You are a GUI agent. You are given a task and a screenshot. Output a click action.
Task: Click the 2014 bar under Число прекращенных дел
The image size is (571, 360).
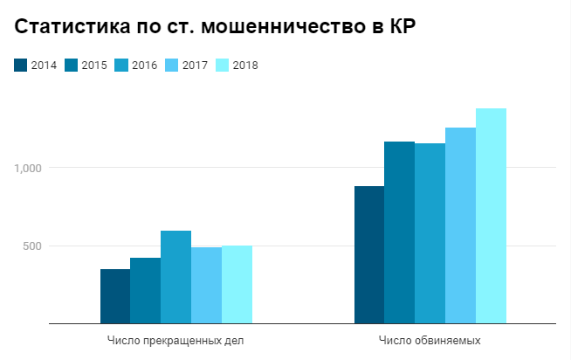point(115,297)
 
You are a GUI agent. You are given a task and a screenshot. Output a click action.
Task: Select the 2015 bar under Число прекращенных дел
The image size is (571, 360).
point(146,291)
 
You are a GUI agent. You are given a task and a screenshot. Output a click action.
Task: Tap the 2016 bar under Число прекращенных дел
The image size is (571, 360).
point(175,278)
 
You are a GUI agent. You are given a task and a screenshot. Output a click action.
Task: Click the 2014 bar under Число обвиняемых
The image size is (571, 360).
point(369,255)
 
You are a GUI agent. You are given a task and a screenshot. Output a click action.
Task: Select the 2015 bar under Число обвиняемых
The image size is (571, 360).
point(400,233)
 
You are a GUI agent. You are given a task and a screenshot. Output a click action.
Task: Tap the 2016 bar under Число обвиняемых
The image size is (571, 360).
point(430,234)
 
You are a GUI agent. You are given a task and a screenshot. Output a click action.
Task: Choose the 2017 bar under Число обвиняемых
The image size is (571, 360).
point(460,226)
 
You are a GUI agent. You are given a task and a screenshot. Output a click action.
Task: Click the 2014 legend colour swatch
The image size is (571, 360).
point(20,65)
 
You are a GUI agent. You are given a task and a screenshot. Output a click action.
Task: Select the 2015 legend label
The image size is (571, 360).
point(93,65)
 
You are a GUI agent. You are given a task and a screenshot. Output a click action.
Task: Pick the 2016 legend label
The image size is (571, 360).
point(144,65)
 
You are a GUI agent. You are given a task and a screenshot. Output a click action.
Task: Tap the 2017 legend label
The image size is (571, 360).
point(195,65)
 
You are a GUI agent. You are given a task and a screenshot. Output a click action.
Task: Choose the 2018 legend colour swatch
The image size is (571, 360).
point(222,65)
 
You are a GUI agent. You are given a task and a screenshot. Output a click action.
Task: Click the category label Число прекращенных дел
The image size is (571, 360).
point(176,340)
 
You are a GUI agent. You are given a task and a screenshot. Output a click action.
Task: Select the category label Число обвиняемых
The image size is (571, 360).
point(430,340)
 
